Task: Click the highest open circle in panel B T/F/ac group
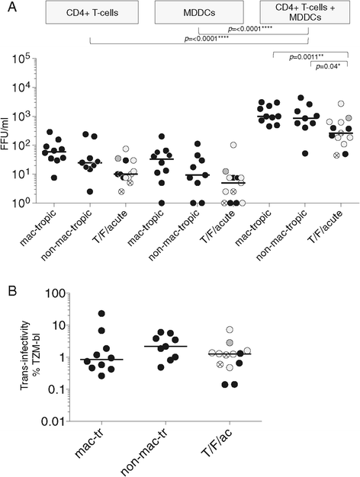click(229, 330)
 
